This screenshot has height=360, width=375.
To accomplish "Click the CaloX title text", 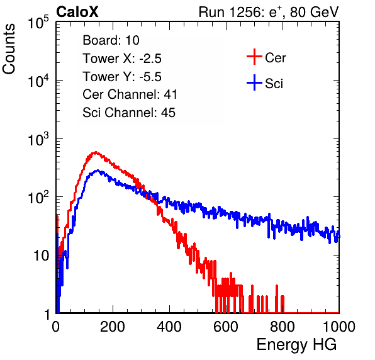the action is tap(77, 12).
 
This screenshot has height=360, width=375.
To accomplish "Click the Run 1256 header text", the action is tap(269, 12).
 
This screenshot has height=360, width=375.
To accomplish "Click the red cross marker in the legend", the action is tap(254, 57).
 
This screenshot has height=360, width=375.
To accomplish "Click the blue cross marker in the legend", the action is tap(254, 82).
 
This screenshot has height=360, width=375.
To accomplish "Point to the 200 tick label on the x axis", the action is tap(113, 327).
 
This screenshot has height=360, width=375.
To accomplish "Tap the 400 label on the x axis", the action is tap(169, 327).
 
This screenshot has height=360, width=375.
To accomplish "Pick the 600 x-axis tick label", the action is tap(226, 327).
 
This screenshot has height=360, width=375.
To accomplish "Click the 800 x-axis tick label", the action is tap(283, 327).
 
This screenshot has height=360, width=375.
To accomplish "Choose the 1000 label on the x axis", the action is tap(339, 327).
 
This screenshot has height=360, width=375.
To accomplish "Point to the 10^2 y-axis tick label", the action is tap(38, 197).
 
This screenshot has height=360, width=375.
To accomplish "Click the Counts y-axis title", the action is tap(9, 49).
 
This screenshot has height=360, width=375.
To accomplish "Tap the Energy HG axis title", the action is tap(296, 344).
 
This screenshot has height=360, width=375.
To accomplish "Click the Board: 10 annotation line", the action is tap(111, 40).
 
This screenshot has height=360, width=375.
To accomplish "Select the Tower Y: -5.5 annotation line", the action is tap(122, 77).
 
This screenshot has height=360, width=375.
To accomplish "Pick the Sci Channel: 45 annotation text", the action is tap(129, 113).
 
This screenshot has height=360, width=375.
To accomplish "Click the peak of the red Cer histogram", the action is tap(96, 152).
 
